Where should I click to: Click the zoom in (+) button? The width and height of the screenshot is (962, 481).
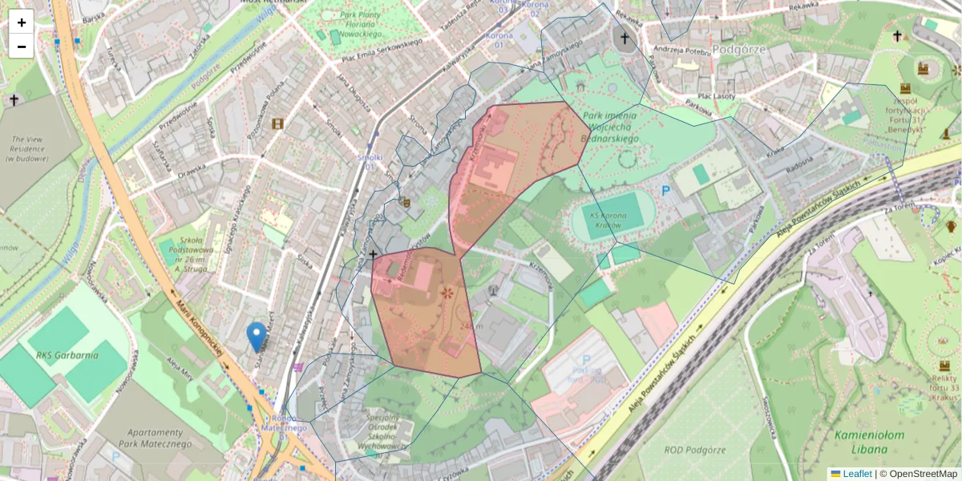22,22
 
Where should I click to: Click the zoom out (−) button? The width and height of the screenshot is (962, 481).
22,46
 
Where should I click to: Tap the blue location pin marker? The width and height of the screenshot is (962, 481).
257,338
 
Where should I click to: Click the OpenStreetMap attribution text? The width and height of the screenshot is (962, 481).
918,474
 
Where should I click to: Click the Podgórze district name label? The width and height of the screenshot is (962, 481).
740,49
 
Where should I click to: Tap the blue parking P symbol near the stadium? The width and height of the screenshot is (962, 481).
665,191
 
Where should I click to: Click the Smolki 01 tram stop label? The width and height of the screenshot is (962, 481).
370,162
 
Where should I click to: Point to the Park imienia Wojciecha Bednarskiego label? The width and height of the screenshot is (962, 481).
609,127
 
